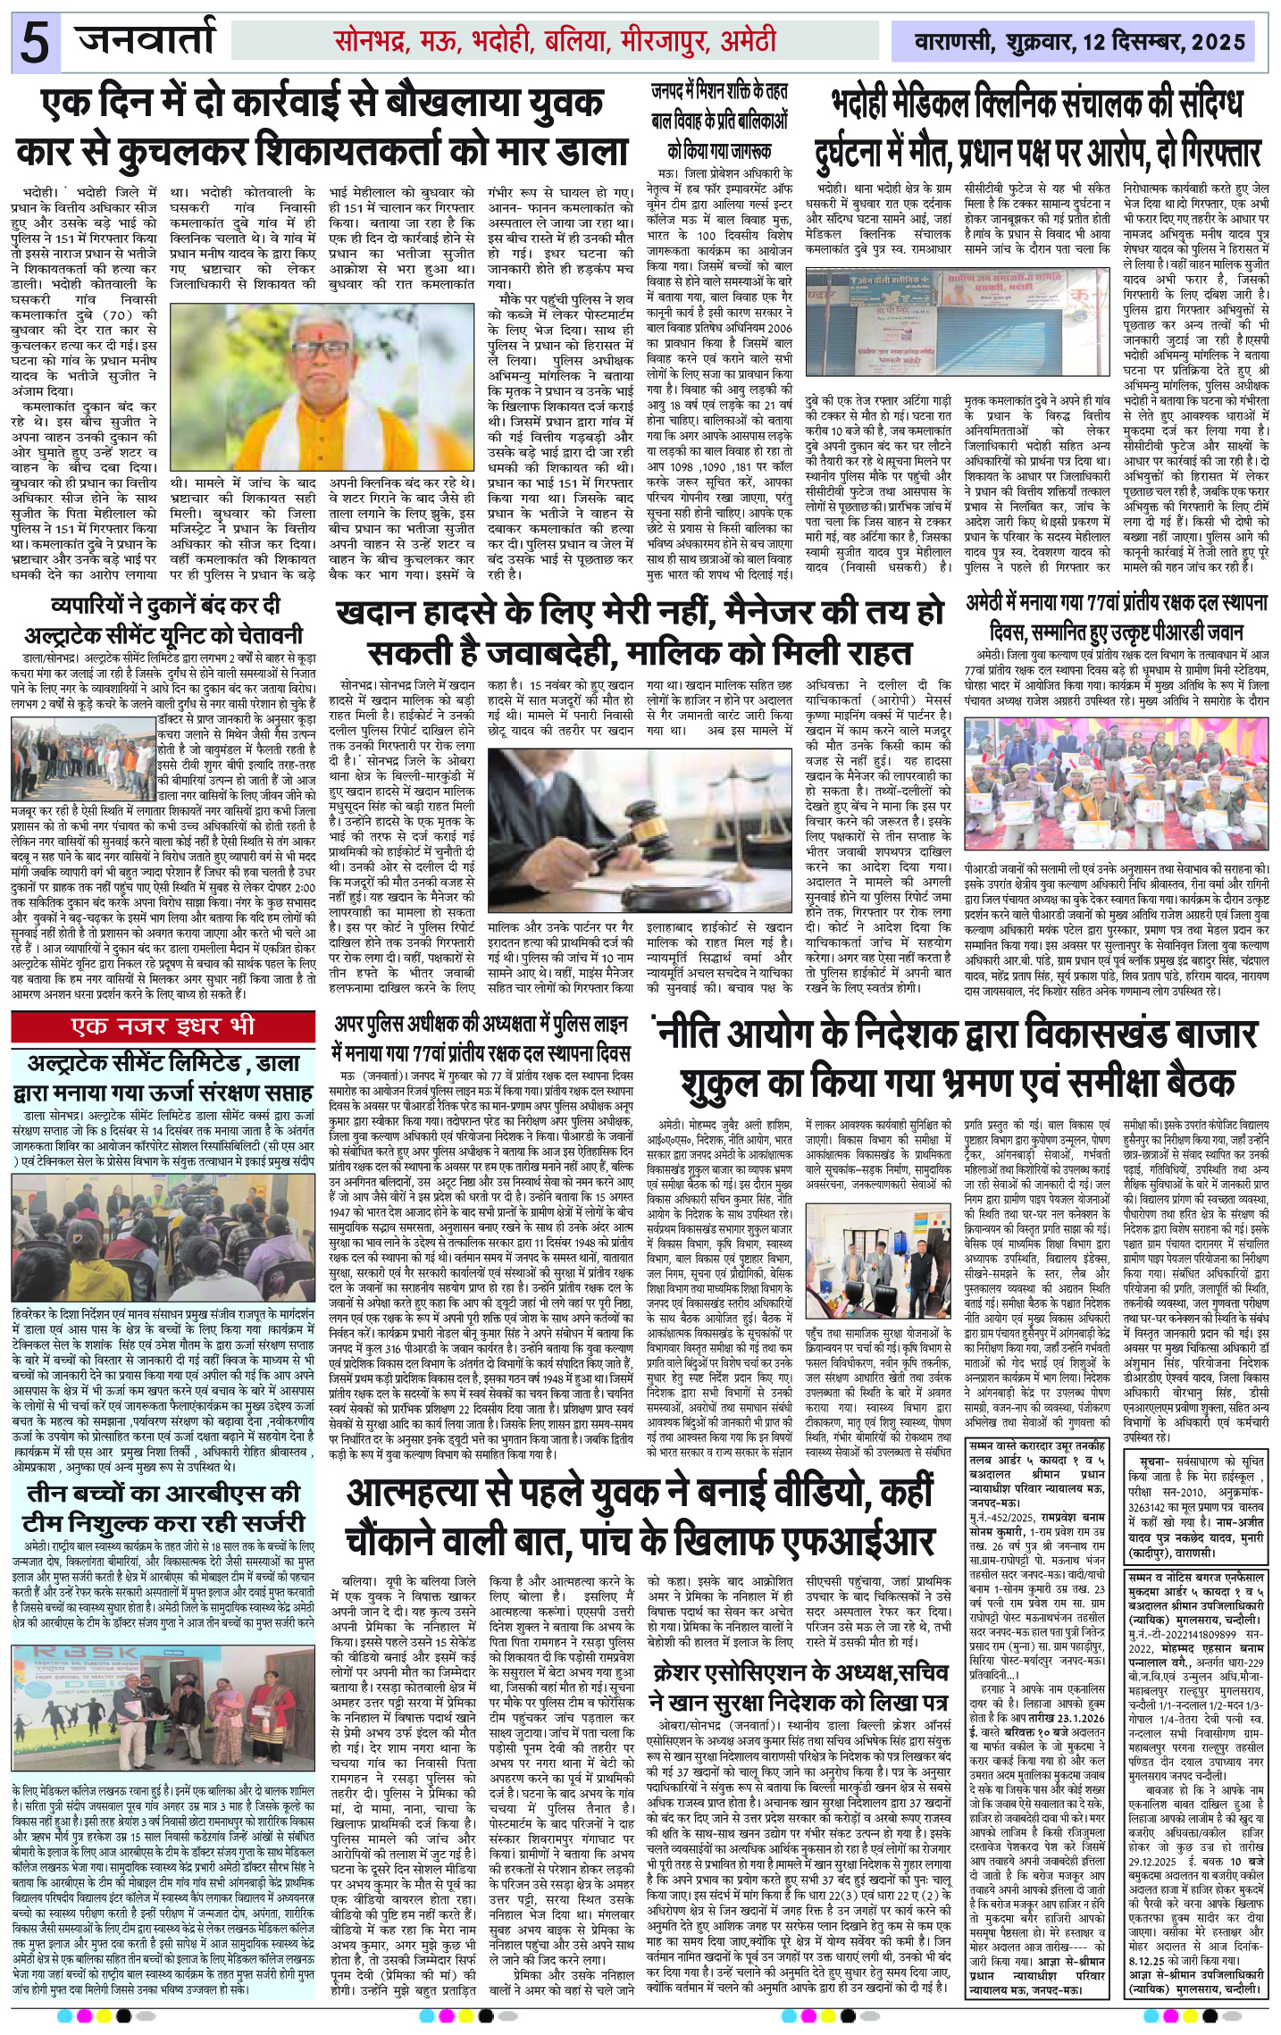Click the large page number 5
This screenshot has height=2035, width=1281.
(34, 43)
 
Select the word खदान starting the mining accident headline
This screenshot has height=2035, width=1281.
(381, 615)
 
